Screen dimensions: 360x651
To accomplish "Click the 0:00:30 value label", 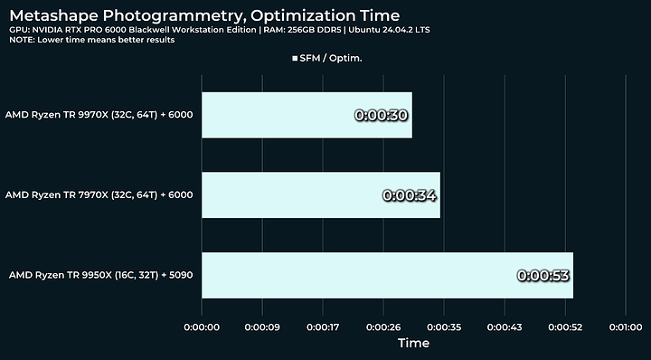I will click(382, 116).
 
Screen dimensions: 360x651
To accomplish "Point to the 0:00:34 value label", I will click(410, 195).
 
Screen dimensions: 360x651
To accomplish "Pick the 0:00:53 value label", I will click(542, 275).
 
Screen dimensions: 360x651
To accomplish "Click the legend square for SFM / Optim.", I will click(295, 58).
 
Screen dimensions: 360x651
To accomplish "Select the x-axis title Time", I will click(413, 344).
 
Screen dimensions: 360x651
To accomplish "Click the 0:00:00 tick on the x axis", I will click(202, 326).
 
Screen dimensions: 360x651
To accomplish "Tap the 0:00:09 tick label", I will click(262, 326).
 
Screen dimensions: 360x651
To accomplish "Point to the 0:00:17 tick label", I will click(323, 326).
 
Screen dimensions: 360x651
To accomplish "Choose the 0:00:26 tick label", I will click(383, 326).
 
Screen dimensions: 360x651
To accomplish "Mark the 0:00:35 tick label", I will click(444, 326).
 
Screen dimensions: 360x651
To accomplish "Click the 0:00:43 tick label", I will click(505, 326).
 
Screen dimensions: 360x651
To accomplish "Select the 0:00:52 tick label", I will click(565, 326).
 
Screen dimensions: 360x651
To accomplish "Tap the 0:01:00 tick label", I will click(626, 326).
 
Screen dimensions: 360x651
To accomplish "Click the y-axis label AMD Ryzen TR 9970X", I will click(99, 116).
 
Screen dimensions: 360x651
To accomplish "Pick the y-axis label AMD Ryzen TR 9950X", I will click(99, 275).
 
